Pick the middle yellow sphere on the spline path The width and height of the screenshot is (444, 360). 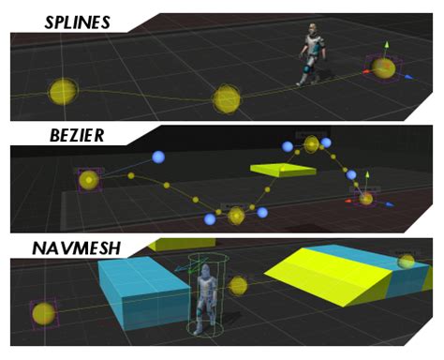pyautogui.click(x=227, y=97)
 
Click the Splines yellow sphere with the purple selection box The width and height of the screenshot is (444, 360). pyautogui.click(x=383, y=67)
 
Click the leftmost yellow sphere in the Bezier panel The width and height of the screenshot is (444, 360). pyautogui.click(x=89, y=179)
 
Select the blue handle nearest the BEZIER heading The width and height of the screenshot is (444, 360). pyautogui.click(x=156, y=157)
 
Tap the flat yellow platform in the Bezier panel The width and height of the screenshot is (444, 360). pyautogui.click(x=284, y=170)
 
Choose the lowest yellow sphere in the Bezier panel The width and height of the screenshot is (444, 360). pyautogui.click(x=237, y=216)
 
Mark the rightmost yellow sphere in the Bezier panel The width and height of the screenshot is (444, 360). pyautogui.click(x=366, y=198)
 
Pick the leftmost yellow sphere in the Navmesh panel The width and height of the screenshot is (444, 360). pyautogui.click(x=42, y=313)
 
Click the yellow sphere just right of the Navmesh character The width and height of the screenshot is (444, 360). pyautogui.click(x=239, y=285)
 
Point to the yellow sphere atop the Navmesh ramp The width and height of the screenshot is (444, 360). pyautogui.click(x=406, y=261)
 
